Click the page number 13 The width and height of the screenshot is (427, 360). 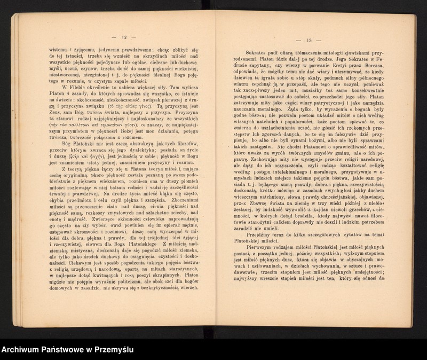click(x=309, y=41)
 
